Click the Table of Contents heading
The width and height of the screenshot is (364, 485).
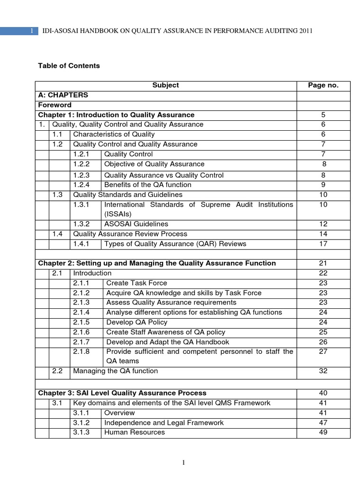(x=69, y=66)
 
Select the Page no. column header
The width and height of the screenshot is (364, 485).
(x=323, y=85)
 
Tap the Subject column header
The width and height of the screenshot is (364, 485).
(x=165, y=85)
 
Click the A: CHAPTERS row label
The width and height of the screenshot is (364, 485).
(x=63, y=95)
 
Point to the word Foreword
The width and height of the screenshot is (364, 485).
(x=55, y=105)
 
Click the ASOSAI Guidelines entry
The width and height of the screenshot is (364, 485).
(x=136, y=224)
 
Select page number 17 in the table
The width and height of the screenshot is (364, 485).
(x=323, y=244)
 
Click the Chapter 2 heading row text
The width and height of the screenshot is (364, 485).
(x=157, y=263)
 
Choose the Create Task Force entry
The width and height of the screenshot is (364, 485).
(x=136, y=283)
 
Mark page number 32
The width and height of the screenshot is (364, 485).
(x=323, y=371)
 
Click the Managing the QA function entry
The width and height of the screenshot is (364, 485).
(x=116, y=371)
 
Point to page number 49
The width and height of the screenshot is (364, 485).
(x=323, y=432)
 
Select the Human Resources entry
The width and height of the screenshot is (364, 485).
(x=135, y=432)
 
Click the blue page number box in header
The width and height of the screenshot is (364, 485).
(x=19, y=31)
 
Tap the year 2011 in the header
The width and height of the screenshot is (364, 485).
(x=306, y=31)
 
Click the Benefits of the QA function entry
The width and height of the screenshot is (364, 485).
(x=148, y=185)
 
